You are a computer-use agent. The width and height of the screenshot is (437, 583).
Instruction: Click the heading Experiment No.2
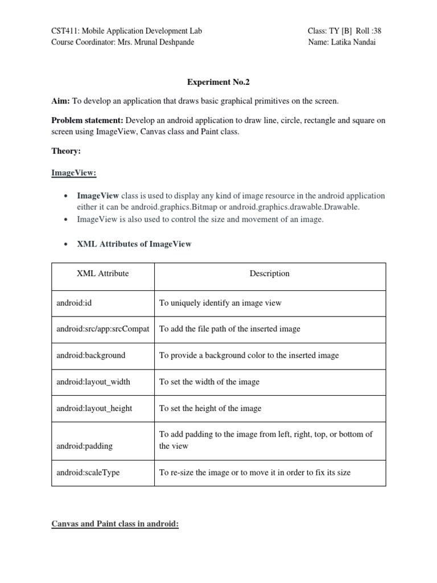pos(218,82)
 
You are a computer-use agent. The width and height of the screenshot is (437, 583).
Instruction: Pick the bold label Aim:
pos(60,101)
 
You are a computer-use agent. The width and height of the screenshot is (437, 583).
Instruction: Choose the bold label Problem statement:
pos(88,120)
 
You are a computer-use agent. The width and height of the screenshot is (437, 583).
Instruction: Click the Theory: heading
pos(66,151)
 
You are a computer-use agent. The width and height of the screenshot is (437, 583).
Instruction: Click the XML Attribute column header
pos(102,273)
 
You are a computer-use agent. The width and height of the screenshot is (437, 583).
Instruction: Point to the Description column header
pos(269,273)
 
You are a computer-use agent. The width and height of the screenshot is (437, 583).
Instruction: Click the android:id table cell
pos(74,303)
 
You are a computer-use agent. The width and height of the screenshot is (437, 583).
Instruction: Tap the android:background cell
pos(90,355)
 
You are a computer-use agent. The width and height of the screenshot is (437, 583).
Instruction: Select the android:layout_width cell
pos(93,381)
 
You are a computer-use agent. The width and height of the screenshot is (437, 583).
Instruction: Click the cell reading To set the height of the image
pos(210,408)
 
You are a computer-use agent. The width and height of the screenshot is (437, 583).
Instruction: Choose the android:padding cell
pos(84,446)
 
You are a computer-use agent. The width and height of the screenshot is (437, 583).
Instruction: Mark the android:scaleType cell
pos(88,473)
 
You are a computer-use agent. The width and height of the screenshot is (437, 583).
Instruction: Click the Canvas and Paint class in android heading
pos(115,524)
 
